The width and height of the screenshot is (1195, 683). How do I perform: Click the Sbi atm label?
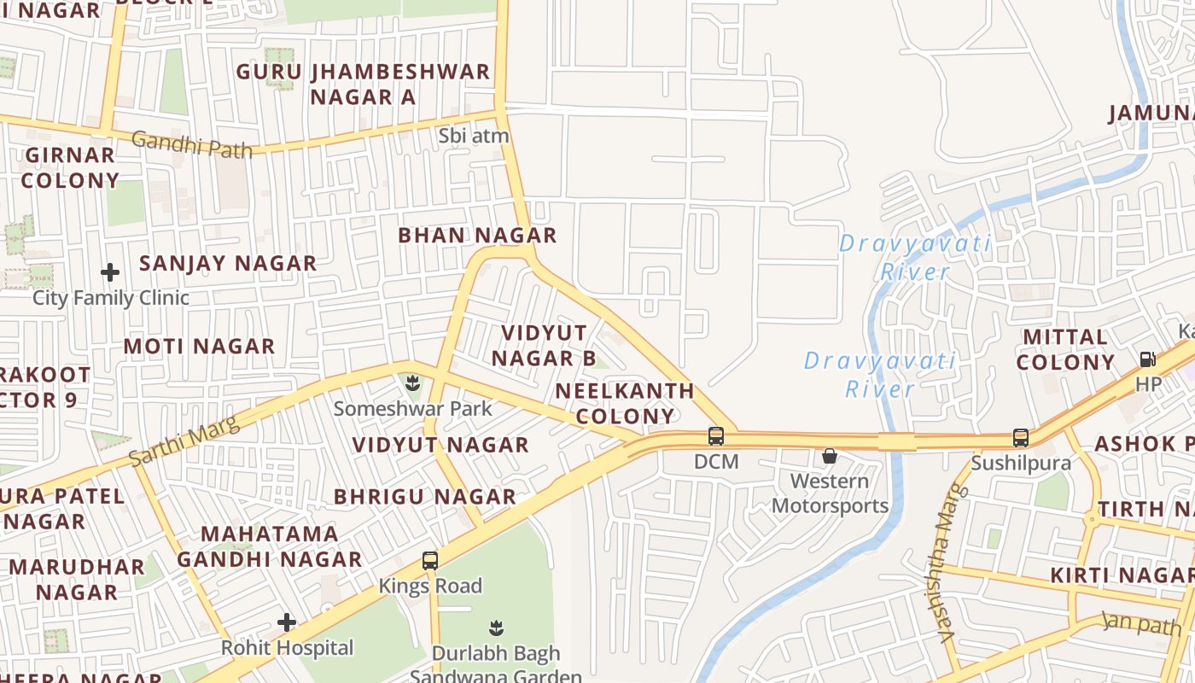[473, 136]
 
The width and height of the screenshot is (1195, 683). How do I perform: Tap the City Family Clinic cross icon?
[110, 273]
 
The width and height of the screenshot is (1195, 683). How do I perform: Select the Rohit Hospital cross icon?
[287, 622]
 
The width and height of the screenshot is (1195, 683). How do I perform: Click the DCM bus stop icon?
[716, 436]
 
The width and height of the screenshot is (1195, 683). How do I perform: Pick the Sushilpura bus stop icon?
[1020, 438]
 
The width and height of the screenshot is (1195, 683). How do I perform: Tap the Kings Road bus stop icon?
[430, 561]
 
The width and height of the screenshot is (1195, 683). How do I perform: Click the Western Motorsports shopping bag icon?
[829, 456]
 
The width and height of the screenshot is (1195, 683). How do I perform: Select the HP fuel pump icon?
[1148, 359]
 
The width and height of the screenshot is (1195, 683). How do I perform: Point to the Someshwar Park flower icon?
[412, 382]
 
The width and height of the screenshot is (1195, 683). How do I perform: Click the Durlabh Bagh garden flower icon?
[495, 628]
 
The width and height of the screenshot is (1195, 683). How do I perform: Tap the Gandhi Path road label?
[192, 144]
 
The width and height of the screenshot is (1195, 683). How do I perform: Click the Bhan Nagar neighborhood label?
[477, 235]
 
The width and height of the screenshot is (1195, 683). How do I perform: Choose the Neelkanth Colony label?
[625, 404]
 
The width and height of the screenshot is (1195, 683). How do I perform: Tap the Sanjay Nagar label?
[228, 263]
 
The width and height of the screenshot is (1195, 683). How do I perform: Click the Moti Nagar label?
[199, 346]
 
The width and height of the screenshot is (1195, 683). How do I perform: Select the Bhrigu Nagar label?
[424, 496]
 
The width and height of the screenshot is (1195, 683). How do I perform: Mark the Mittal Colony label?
[1065, 349]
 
